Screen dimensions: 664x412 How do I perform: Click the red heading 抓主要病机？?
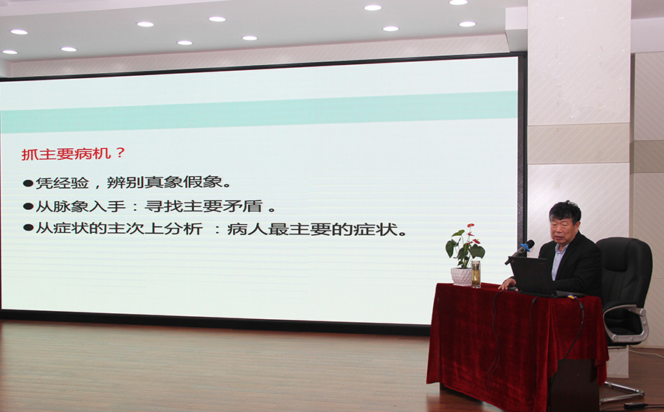coord(73,153)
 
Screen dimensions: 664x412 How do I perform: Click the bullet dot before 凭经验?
coord(28,184)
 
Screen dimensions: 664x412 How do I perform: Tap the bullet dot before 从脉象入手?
coord(28,206)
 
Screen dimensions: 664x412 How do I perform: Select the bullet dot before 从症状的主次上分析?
coord(28,228)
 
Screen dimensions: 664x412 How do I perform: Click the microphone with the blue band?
coord(520,251)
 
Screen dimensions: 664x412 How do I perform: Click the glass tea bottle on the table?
coord(476,274)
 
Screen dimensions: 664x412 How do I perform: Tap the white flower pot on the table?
coord(461,276)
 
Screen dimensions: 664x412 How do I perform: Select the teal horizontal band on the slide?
coord(259,112)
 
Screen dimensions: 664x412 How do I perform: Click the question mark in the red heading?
coord(120,153)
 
